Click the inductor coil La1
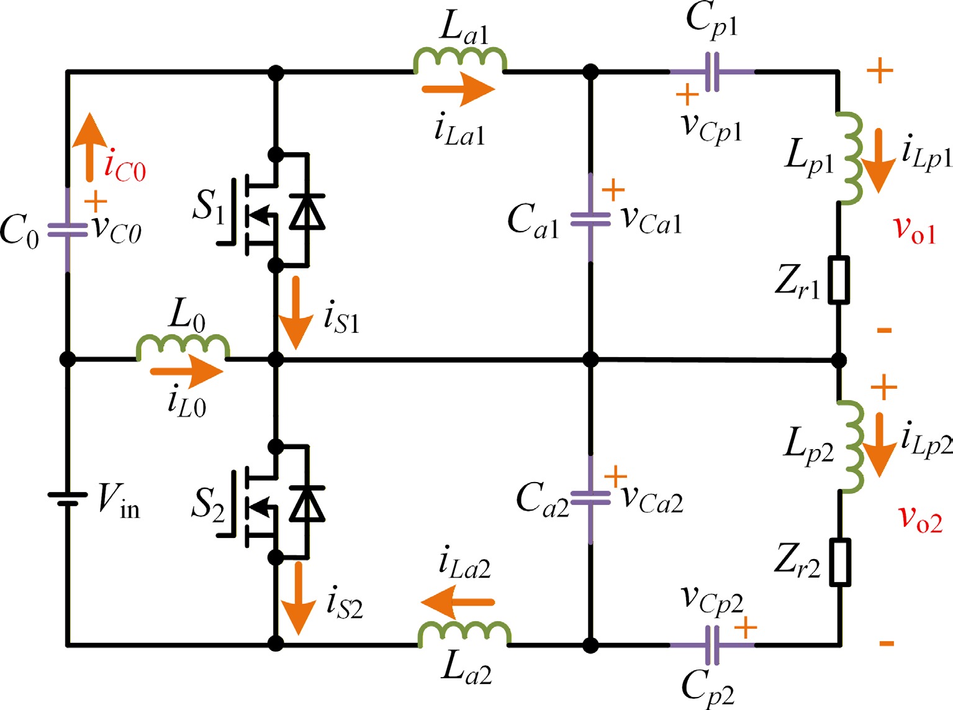click(460, 60)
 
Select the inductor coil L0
click(183, 348)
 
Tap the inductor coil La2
click(465, 634)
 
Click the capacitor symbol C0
click(67, 230)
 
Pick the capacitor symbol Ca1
click(590, 219)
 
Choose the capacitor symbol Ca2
click(590, 498)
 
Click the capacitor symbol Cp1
click(712, 72)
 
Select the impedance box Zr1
click(839, 280)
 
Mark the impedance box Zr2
click(840, 562)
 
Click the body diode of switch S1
click(307, 211)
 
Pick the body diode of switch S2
click(307, 503)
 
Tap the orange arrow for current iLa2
click(458, 602)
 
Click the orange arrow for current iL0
click(187, 372)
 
